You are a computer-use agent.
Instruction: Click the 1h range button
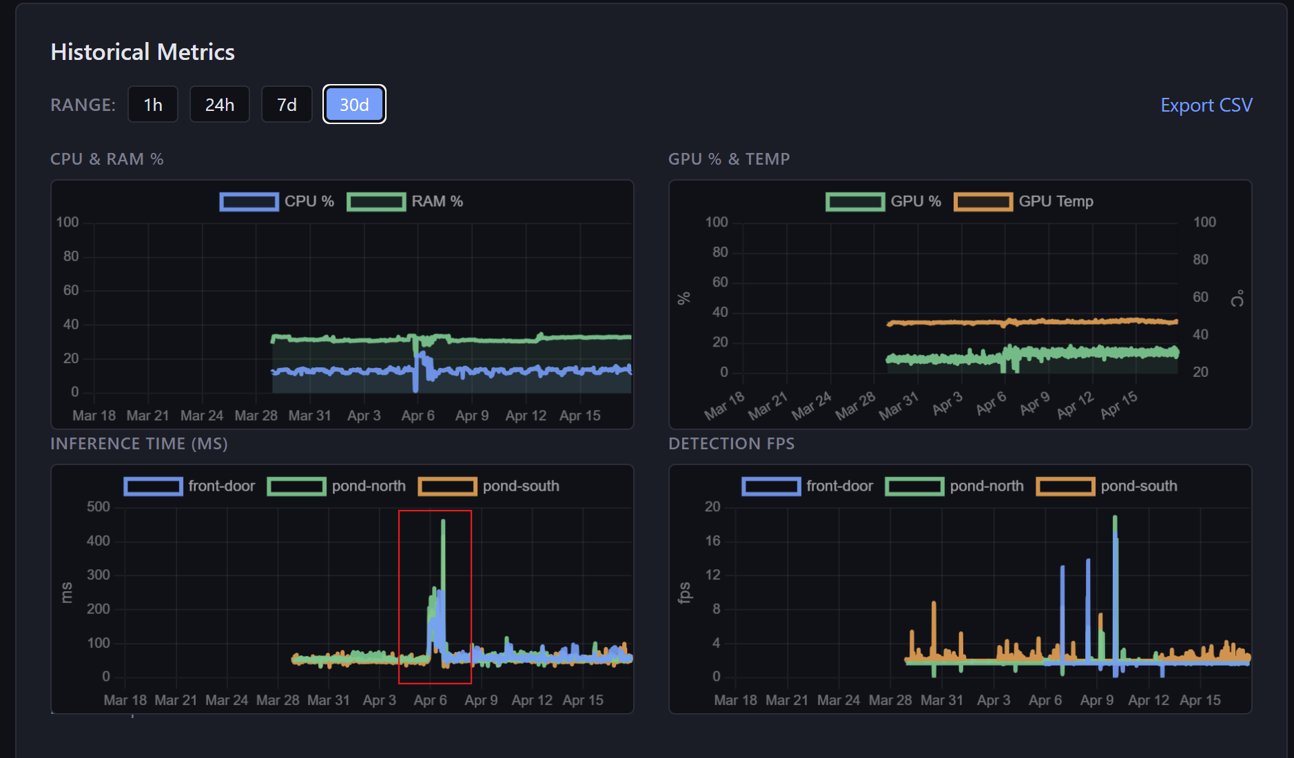[x=153, y=105]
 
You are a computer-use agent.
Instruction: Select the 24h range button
[x=220, y=105]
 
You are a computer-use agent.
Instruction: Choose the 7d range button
[x=287, y=105]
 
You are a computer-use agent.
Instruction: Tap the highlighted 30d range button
[x=354, y=105]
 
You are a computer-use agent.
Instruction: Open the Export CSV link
[x=1206, y=105]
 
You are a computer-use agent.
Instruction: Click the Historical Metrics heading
[x=143, y=52]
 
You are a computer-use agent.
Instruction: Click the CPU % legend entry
[x=277, y=201]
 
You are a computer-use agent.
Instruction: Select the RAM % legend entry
[x=405, y=201]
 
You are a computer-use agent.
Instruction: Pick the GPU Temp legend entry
[x=1024, y=201]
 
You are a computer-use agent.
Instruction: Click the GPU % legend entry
[x=884, y=201]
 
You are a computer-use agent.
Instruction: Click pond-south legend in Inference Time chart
[x=489, y=486]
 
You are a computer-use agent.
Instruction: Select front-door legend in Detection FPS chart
[x=808, y=486]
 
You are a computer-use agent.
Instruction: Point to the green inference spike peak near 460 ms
[x=443, y=522]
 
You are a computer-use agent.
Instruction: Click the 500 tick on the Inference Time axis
[x=98, y=506]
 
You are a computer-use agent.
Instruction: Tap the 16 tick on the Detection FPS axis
[x=712, y=540]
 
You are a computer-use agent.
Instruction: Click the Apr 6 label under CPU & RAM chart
[x=418, y=416]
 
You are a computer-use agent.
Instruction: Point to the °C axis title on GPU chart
[x=1237, y=298]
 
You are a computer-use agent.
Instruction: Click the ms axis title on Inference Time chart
[x=67, y=592]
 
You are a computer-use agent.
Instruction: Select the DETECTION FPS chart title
[x=731, y=444]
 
